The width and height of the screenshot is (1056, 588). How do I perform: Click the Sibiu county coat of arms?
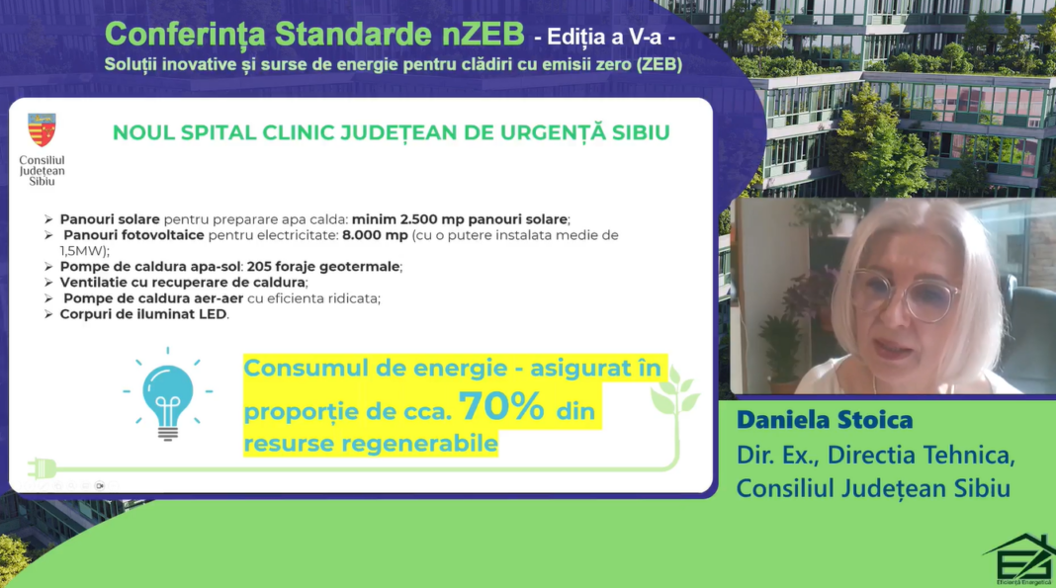pos(42,129)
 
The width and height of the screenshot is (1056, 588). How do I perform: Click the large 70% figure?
pos(501,406)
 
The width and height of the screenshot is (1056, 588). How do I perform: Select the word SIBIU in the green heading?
pos(641,132)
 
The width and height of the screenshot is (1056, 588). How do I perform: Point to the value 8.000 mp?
pos(375,235)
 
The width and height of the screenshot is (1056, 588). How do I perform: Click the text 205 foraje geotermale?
pos(324,267)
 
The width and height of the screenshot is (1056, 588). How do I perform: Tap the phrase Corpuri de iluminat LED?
pos(143,314)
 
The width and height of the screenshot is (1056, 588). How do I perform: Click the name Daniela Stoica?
pos(825,420)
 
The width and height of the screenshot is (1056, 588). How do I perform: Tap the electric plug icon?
pos(42,467)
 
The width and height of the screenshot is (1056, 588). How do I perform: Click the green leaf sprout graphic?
pos(674,391)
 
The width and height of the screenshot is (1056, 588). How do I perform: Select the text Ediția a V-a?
pos(605,37)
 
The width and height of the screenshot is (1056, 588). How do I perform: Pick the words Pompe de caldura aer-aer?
pos(153,298)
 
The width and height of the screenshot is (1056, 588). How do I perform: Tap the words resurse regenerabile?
pos(371,444)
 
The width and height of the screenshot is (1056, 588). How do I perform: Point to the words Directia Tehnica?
pos(921,456)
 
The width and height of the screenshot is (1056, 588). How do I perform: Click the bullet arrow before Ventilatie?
pos(48,283)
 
